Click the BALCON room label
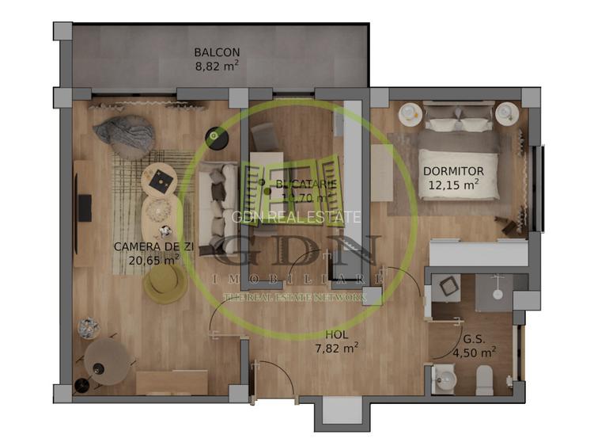pyautogui.click(x=217, y=53)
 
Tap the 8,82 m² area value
pyautogui.click(x=217, y=68)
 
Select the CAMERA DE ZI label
pyautogui.click(x=153, y=246)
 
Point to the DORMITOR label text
pyautogui.click(x=453, y=171)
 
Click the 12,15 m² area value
pyautogui.click(x=453, y=185)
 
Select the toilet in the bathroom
pyautogui.click(x=484, y=380)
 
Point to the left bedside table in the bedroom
pyautogui.click(x=410, y=114)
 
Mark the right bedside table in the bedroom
pyautogui.click(x=506, y=114)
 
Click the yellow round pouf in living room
pyautogui.click(x=165, y=281)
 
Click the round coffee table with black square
pyautogui.click(x=161, y=182)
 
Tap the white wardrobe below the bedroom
pyautogui.click(x=479, y=254)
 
